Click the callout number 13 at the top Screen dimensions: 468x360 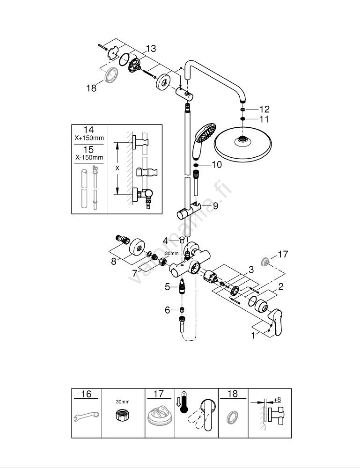point(151,49)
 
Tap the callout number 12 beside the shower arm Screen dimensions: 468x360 point(264,109)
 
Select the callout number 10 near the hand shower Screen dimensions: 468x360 point(216,165)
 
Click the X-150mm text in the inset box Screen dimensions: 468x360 point(88,158)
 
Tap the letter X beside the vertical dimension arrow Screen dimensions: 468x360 point(118,167)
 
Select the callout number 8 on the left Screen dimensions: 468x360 point(114,262)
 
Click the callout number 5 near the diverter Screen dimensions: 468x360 point(168,287)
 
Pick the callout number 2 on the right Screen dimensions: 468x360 point(280,287)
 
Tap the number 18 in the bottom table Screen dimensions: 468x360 point(233,394)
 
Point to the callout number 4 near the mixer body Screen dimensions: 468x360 point(165,241)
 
